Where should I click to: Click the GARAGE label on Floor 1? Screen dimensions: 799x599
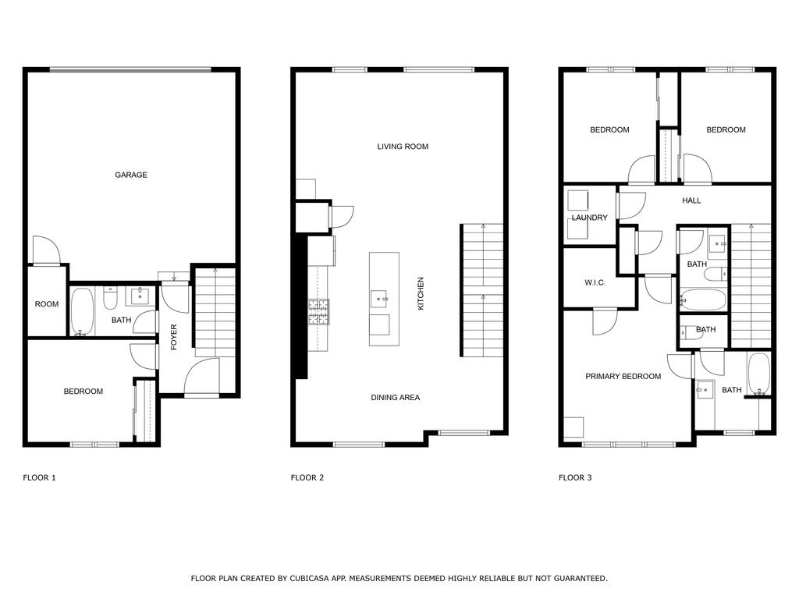[131, 175]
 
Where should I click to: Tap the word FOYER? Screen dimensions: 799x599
[174, 337]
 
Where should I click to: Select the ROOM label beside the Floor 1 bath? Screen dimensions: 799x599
[46, 304]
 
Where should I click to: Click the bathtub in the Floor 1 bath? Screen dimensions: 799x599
[82, 312]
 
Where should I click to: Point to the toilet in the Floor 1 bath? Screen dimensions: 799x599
[110, 298]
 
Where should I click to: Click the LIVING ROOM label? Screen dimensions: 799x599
[403, 147]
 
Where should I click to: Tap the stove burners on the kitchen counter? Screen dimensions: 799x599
[318, 312]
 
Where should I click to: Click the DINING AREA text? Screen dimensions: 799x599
[396, 397]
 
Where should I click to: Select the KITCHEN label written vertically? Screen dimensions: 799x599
[421, 293]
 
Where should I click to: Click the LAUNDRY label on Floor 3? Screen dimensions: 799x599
[590, 218]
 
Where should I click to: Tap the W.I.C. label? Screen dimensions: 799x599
[595, 282]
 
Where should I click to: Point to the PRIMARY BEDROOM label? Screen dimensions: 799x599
[623, 377]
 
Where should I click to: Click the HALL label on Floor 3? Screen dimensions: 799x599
[691, 200]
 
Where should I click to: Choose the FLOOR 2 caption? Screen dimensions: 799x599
[307, 478]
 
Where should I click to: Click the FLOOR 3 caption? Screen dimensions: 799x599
[575, 478]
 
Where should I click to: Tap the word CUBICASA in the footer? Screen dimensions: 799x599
[308, 579]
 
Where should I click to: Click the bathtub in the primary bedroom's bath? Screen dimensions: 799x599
[758, 374]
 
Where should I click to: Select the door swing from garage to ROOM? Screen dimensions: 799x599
[46, 250]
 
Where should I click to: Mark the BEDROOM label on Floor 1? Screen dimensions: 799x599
[83, 392]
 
